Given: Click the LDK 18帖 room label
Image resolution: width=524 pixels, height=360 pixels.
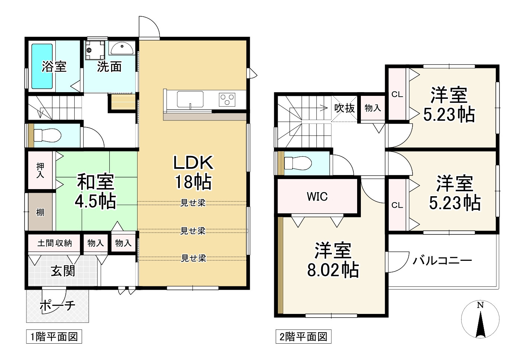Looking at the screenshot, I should pos(193,172).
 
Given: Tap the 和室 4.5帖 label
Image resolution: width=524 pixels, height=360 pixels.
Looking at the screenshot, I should pos(96,191).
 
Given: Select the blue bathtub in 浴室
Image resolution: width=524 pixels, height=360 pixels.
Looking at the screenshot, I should pos(42,66).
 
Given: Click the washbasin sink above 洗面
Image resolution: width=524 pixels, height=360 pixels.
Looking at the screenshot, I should pos(122,49).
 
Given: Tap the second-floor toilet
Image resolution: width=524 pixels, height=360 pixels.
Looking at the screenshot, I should pos(297,163).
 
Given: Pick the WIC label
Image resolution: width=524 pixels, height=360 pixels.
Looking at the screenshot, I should pos(317,196).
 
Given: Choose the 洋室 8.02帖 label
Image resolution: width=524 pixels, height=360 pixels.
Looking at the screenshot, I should pos(333,260).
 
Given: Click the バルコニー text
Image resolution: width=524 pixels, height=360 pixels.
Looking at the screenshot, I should pos(442,260).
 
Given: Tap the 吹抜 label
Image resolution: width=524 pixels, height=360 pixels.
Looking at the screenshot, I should pos(345,108).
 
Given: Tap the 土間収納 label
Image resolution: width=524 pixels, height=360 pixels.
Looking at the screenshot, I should pos(54,243).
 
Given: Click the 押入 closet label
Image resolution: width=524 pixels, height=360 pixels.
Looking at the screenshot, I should pos(40,171).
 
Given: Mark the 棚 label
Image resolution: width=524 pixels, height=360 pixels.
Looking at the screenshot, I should pos(40,212).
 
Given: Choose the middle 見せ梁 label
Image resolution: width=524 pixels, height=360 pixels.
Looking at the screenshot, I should pos(193,231).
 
